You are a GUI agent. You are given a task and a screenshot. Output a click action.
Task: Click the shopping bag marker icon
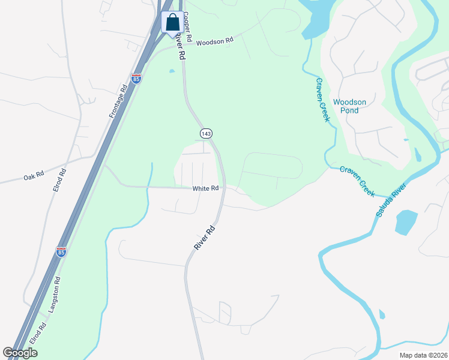(172, 23)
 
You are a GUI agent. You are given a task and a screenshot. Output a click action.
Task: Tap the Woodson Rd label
(214, 41)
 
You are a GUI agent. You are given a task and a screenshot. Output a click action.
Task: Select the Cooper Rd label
(187, 27)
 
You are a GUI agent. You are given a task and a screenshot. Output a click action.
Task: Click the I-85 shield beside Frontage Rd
(136, 79)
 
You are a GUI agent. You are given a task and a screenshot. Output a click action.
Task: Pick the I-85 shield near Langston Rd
(61, 252)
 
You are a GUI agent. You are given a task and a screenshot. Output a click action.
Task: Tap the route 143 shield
(206, 133)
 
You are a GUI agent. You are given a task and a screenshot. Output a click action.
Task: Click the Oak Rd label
(34, 177)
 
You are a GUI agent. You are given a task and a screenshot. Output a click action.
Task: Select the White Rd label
(205, 188)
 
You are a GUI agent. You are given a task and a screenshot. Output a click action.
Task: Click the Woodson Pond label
(349, 106)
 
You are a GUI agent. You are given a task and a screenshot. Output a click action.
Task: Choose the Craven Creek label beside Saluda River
(357, 181)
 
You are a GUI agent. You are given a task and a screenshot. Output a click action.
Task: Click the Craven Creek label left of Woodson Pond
(323, 100)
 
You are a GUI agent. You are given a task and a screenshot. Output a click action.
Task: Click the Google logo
(20, 353)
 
